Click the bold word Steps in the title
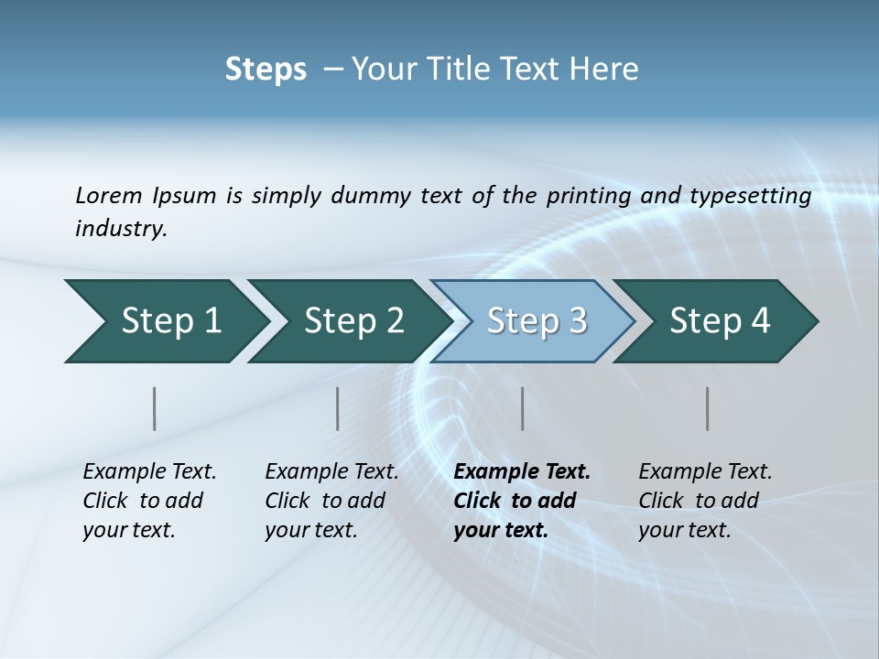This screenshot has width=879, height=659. pyautogui.click(x=266, y=70)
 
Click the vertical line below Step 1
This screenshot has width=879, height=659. pyautogui.click(x=155, y=408)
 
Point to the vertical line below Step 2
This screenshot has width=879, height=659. pyautogui.click(x=338, y=408)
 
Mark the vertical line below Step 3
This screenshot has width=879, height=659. pyautogui.click(x=523, y=408)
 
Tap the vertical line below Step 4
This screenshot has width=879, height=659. pyautogui.click(x=708, y=408)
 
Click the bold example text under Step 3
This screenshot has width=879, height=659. pyautogui.click(x=522, y=501)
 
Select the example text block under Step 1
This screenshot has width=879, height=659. pyautogui.click(x=149, y=501)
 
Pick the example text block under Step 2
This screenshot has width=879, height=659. pyautogui.click(x=331, y=501)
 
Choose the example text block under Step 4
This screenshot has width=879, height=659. pyautogui.click(x=705, y=501)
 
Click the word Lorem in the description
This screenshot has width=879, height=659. pyautogui.click(x=108, y=195)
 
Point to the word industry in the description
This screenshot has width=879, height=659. pyautogui.click(x=121, y=229)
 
